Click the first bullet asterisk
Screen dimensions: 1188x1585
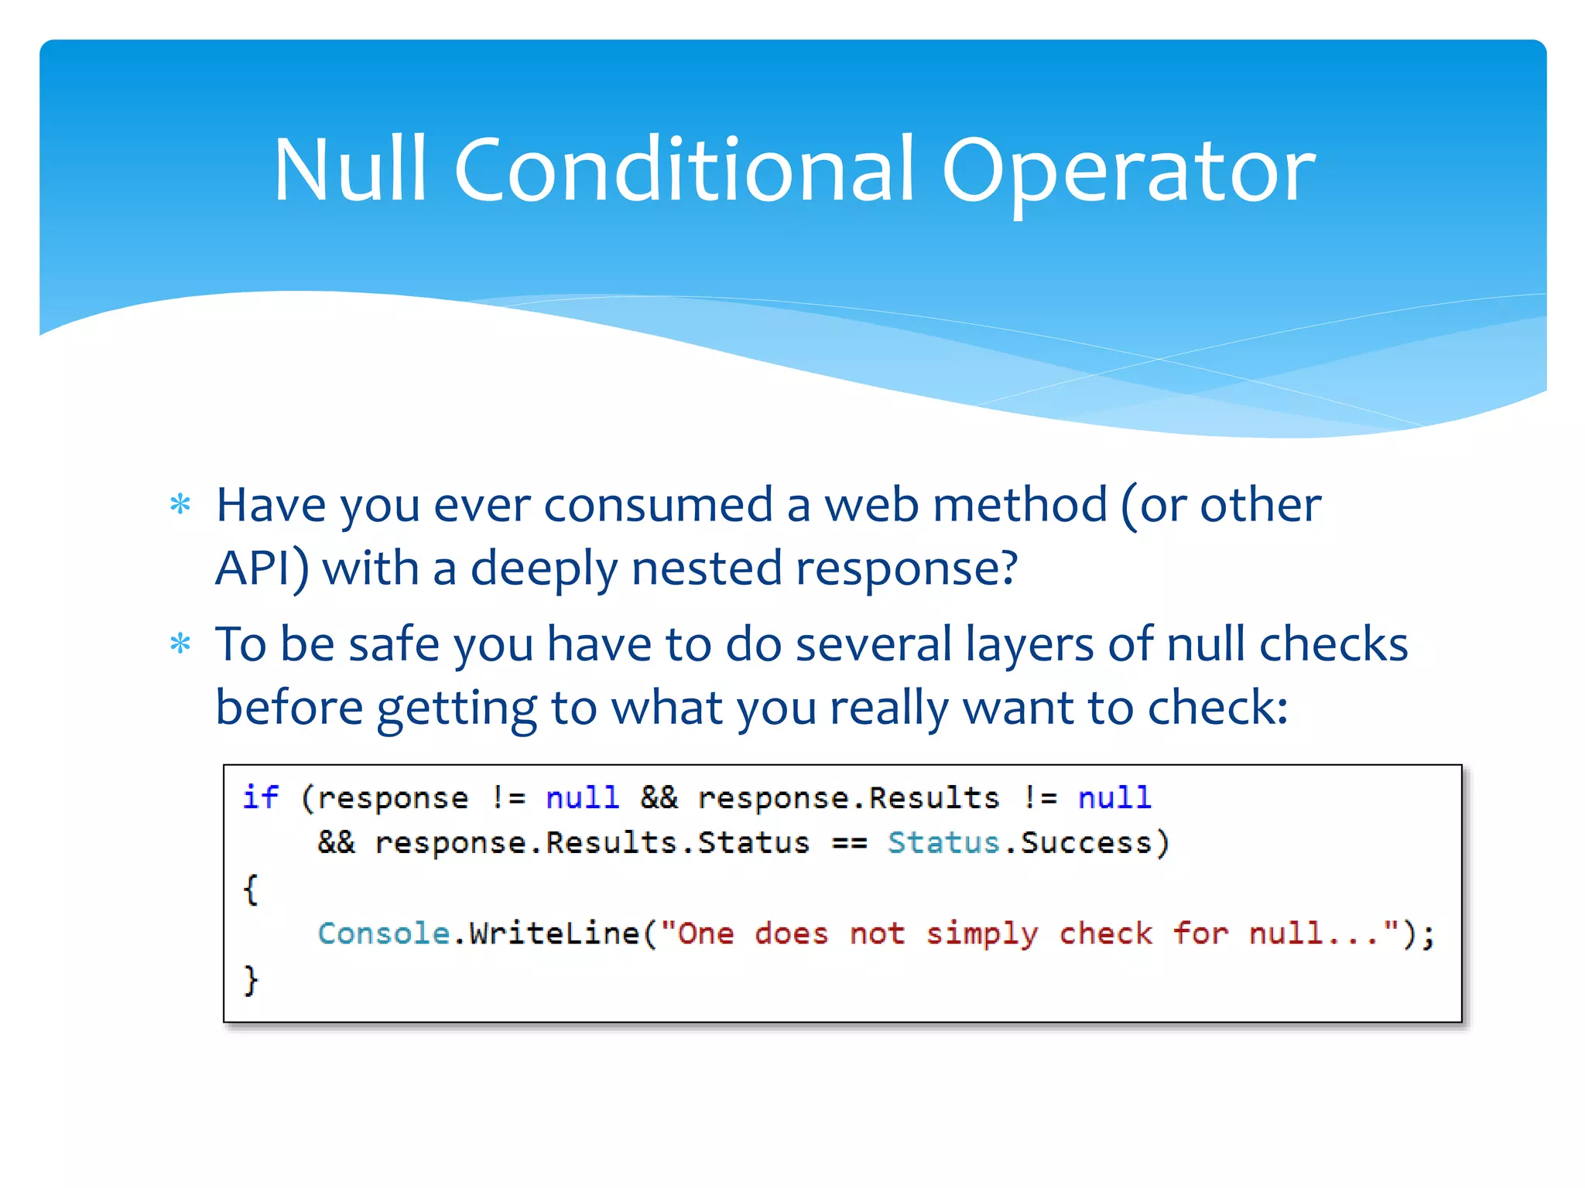point(180,505)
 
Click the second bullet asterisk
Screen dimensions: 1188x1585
point(180,643)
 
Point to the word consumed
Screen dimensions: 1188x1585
point(658,505)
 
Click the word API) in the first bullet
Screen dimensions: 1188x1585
point(262,569)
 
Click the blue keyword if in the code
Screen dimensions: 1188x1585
point(260,797)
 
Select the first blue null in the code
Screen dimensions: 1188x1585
point(582,797)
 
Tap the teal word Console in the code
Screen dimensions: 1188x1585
point(384,934)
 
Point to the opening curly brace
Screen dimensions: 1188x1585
point(250,889)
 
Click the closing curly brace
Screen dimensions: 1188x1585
point(250,980)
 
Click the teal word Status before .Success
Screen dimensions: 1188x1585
point(943,842)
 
